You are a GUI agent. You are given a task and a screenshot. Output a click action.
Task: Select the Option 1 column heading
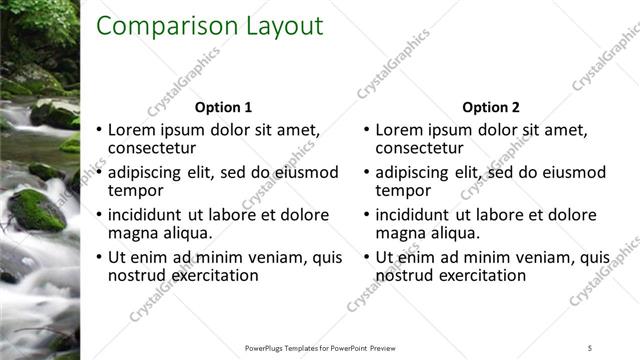pos(223,107)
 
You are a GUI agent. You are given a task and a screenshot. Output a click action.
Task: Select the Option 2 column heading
pos(491,107)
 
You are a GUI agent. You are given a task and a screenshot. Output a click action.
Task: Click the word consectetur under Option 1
pos(153,148)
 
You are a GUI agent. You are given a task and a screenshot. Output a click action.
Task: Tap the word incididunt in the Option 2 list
pos(413,215)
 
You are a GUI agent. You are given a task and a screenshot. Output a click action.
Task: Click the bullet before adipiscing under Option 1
pos(97,173)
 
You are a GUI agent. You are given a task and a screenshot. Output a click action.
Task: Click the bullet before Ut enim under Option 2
pos(365,258)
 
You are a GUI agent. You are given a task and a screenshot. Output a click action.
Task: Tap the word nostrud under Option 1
pos(137,275)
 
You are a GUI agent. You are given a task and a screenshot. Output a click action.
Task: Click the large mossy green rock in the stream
pos(38,210)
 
